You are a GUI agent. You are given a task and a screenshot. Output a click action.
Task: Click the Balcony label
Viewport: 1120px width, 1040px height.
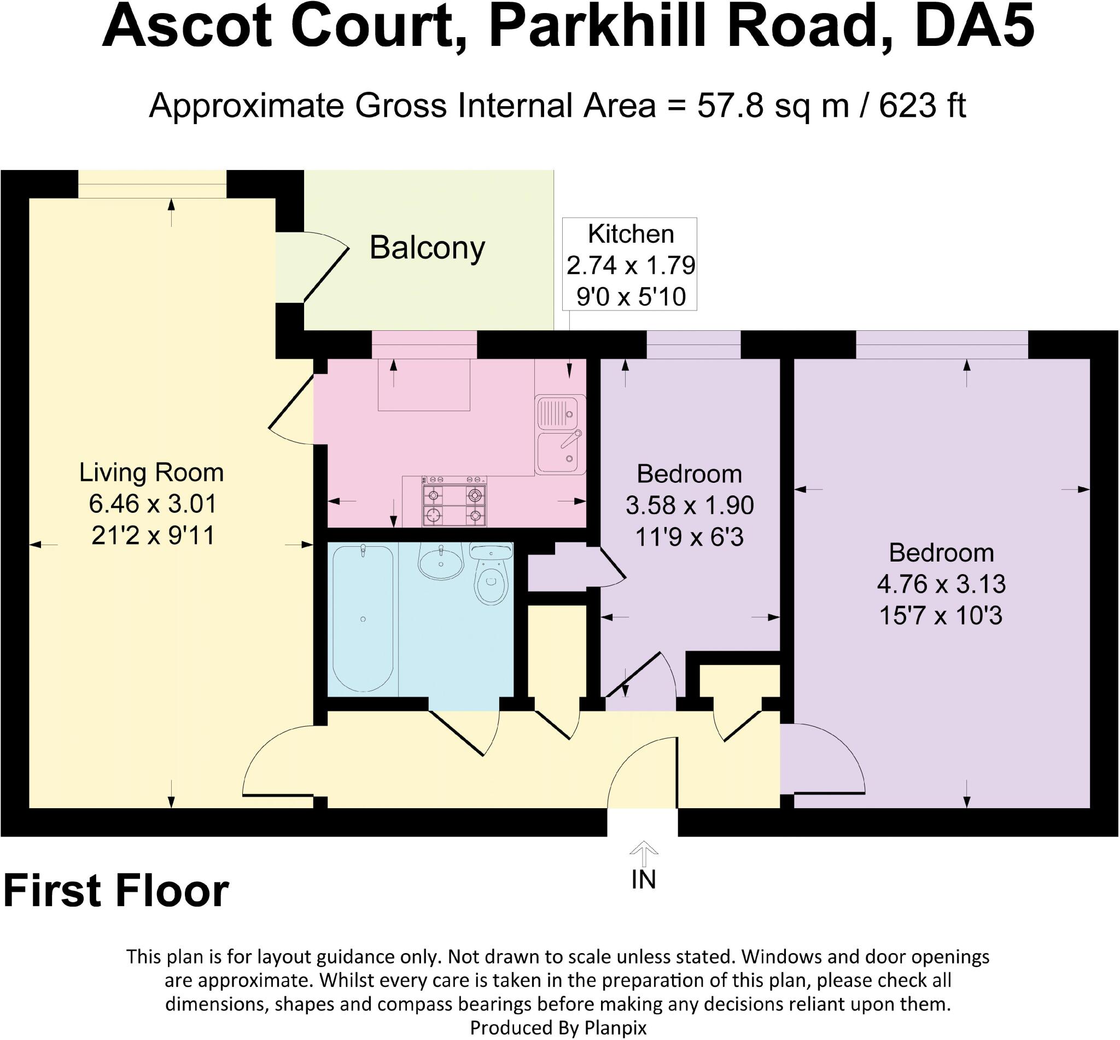pos(427,248)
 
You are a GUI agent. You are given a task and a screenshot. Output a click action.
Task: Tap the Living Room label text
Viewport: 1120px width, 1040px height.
pos(151,472)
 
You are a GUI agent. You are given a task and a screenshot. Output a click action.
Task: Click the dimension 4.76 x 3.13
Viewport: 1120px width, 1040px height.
pos(941,584)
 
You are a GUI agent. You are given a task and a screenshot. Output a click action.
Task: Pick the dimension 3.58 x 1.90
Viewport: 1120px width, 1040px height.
pos(690,505)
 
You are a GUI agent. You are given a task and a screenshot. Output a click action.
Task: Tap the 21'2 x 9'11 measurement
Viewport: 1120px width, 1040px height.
pos(153,535)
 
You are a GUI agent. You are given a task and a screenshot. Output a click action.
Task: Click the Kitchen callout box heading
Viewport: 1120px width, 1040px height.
pos(631,234)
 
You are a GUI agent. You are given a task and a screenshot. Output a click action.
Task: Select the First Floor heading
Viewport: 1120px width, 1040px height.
pos(116,891)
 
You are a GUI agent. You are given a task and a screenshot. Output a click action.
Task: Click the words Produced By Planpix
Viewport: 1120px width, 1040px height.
pos(558,1027)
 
